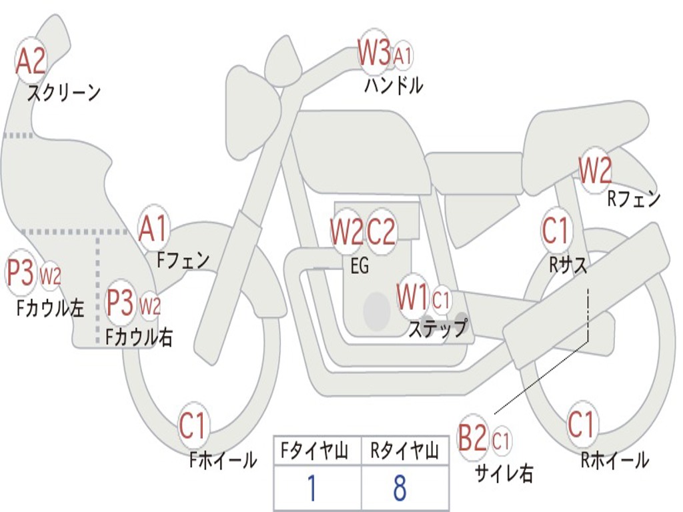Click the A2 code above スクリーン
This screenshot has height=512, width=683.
pos(31,61)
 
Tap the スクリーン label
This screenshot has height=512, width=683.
pos(63,93)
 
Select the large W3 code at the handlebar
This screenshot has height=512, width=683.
pos(374,52)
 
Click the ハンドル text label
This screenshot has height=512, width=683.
pos(394,85)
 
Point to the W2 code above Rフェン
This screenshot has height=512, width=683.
pos(595,170)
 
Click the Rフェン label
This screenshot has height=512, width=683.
pos(634,199)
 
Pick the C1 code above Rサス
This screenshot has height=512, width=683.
pos(556,230)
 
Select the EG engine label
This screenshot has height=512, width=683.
pos(360,265)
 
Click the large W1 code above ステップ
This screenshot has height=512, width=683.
pos(412,297)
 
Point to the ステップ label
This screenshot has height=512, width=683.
pos(438,328)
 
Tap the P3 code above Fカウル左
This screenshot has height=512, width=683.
pos(21,272)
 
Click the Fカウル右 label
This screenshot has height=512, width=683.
pos(139,337)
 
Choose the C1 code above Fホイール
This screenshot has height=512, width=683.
pos(191,425)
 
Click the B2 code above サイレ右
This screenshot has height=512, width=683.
pos(473,437)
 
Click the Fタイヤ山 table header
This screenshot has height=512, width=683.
pos(315,451)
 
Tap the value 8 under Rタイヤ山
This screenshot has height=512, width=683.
pos(400,487)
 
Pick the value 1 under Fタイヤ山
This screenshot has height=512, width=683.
pos(312,487)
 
